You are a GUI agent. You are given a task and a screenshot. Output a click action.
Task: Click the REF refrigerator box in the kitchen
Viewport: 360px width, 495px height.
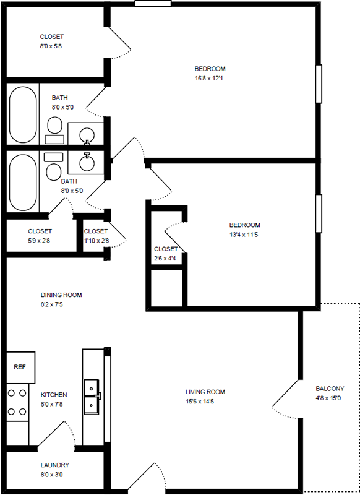(x=20, y=368)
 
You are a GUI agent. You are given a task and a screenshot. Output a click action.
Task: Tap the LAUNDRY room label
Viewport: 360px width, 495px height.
(x=55, y=465)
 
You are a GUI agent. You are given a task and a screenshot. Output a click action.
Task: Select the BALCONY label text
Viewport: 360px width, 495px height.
(x=330, y=389)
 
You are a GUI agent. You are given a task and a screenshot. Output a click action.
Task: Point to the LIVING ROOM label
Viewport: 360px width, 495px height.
(x=205, y=392)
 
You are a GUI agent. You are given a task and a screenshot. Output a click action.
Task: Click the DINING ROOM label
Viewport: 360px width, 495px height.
(x=61, y=295)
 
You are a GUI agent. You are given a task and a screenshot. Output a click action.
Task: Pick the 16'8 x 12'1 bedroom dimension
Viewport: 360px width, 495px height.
(x=209, y=79)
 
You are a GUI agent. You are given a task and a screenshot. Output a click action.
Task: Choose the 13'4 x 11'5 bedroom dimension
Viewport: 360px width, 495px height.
(x=244, y=235)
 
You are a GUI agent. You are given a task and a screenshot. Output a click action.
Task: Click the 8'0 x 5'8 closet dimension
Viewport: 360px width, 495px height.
(x=51, y=46)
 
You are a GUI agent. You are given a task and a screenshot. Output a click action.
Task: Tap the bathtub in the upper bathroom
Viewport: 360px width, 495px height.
(x=23, y=115)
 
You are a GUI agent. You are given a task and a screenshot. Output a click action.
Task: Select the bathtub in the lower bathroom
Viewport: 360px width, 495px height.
(x=23, y=183)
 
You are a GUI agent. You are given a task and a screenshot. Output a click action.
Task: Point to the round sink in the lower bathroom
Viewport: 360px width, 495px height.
(x=87, y=163)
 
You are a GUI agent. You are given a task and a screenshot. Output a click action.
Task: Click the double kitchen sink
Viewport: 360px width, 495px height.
(x=92, y=397)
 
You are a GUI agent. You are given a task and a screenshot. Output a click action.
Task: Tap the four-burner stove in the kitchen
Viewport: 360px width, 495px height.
(x=17, y=403)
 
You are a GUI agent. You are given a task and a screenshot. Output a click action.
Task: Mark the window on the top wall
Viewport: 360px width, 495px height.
(x=153, y=4)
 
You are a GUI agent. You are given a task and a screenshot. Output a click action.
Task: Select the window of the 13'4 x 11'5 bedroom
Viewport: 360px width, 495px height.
(x=319, y=213)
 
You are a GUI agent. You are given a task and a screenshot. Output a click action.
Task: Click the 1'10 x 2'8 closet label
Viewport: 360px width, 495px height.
(x=96, y=236)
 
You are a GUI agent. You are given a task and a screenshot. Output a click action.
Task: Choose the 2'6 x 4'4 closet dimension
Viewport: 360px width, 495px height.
(x=165, y=259)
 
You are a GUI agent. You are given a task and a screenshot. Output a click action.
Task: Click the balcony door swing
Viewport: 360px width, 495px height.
(x=286, y=399)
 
